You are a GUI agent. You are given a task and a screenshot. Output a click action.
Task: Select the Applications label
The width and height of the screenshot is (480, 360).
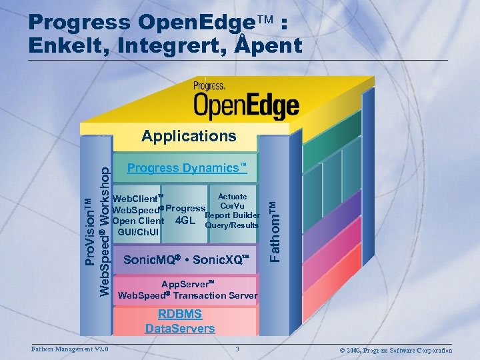[189, 137]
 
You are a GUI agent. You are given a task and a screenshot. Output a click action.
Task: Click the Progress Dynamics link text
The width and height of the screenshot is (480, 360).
[187, 168]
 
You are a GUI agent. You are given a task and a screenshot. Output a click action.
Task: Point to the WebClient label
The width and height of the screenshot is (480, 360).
[138, 198]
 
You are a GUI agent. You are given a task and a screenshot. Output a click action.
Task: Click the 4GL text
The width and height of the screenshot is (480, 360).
[185, 221]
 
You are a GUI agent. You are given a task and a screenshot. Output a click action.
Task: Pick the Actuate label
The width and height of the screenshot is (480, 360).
[232, 197]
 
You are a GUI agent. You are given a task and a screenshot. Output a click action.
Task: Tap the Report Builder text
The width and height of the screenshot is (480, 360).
[232, 215]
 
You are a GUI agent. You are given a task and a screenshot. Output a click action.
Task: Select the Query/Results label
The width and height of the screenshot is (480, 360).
[232, 225]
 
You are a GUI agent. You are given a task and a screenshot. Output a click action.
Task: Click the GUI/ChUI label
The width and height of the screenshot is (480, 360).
[138, 232]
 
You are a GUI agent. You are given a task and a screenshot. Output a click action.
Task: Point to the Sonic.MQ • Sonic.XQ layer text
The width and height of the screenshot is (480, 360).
[186, 260]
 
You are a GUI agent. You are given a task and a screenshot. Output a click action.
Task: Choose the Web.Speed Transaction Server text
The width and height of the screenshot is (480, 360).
[187, 295]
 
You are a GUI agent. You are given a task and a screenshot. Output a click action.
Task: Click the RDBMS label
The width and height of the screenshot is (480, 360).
[180, 314]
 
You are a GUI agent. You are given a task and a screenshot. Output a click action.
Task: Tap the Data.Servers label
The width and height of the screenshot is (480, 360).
[180, 328]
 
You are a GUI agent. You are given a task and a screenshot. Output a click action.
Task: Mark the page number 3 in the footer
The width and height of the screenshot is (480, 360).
[237, 349]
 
